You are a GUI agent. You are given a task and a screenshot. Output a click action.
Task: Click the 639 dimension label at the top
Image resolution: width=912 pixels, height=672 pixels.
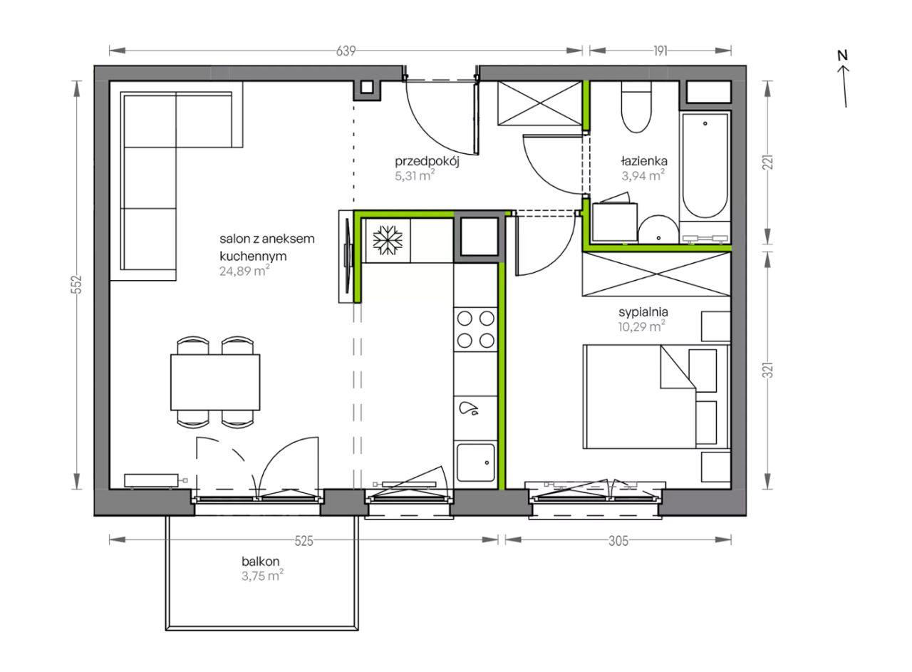click(346, 51)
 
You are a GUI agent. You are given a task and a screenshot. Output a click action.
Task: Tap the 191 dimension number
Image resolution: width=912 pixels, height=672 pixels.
click(660, 51)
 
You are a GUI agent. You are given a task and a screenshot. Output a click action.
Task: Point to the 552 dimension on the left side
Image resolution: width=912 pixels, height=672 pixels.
click(78, 284)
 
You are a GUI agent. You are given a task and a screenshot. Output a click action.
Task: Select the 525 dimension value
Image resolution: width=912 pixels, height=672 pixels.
click(304, 541)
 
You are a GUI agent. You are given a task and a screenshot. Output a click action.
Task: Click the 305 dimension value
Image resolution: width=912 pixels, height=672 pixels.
click(618, 541)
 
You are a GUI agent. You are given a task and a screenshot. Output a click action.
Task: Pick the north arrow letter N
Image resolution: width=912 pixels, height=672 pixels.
click(842, 56)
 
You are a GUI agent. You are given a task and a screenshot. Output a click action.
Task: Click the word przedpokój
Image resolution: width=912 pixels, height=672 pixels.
click(427, 162)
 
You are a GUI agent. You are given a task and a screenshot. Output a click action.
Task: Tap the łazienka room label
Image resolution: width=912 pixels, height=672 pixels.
click(644, 161)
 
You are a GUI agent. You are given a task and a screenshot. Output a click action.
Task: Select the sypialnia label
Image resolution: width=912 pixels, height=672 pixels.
click(643, 312)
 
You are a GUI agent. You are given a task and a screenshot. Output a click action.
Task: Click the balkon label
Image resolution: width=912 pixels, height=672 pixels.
click(261, 562)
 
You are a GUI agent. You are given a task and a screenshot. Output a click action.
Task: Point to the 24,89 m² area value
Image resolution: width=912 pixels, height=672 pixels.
click(244, 270)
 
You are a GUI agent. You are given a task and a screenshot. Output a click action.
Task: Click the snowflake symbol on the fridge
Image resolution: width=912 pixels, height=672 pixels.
click(388, 240)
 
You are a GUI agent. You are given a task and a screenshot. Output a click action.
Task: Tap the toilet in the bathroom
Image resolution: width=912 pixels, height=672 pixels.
click(636, 107)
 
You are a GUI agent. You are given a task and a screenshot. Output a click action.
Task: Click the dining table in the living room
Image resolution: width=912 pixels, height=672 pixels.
click(215, 382)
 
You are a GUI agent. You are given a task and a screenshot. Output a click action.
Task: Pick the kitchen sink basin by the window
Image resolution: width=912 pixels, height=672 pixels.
click(475, 462)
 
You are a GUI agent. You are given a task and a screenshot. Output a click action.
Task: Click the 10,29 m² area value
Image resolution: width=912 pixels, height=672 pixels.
click(642, 326)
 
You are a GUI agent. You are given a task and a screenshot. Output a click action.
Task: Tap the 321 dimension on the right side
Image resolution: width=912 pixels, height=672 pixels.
click(767, 370)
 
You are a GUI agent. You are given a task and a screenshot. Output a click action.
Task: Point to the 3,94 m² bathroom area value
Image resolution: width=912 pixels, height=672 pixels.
click(643, 175)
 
